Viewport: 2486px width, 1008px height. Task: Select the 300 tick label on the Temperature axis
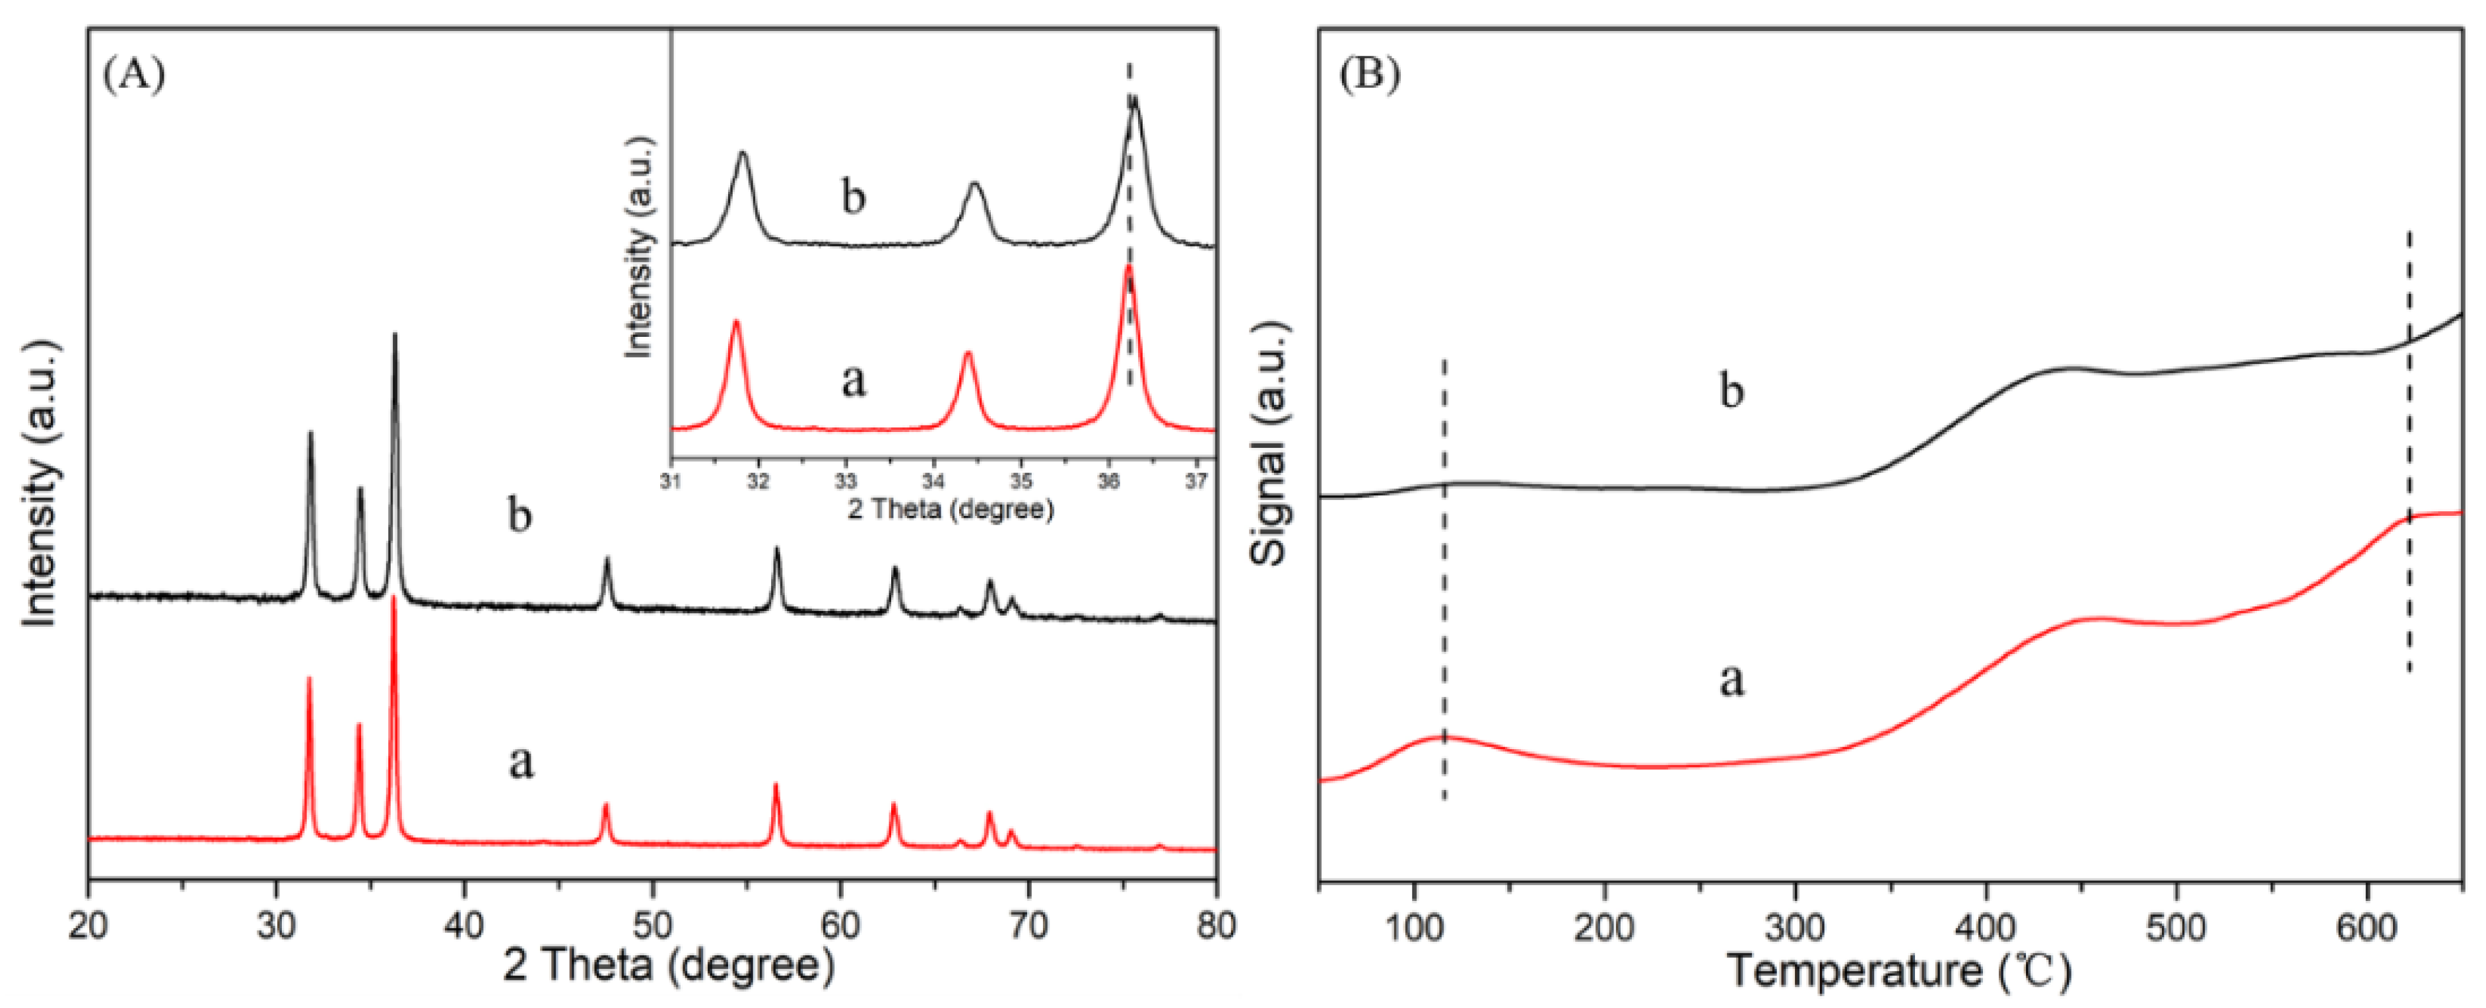[x=1794, y=928]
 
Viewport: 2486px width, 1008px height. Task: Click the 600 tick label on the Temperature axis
[x=2367, y=928]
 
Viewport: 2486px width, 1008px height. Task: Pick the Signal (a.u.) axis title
[x=1270, y=444]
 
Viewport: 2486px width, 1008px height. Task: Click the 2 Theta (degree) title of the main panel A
[x=669, y=966]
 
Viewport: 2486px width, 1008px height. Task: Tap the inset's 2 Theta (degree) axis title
[x=951, y=510]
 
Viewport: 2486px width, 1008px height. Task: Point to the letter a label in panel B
[x=1732, y=680]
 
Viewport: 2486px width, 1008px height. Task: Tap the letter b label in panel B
[x=1732, y=391]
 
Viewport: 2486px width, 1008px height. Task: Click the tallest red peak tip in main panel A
[x=393, y=600]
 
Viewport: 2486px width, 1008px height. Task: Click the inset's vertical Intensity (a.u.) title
[x=639, y=246]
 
